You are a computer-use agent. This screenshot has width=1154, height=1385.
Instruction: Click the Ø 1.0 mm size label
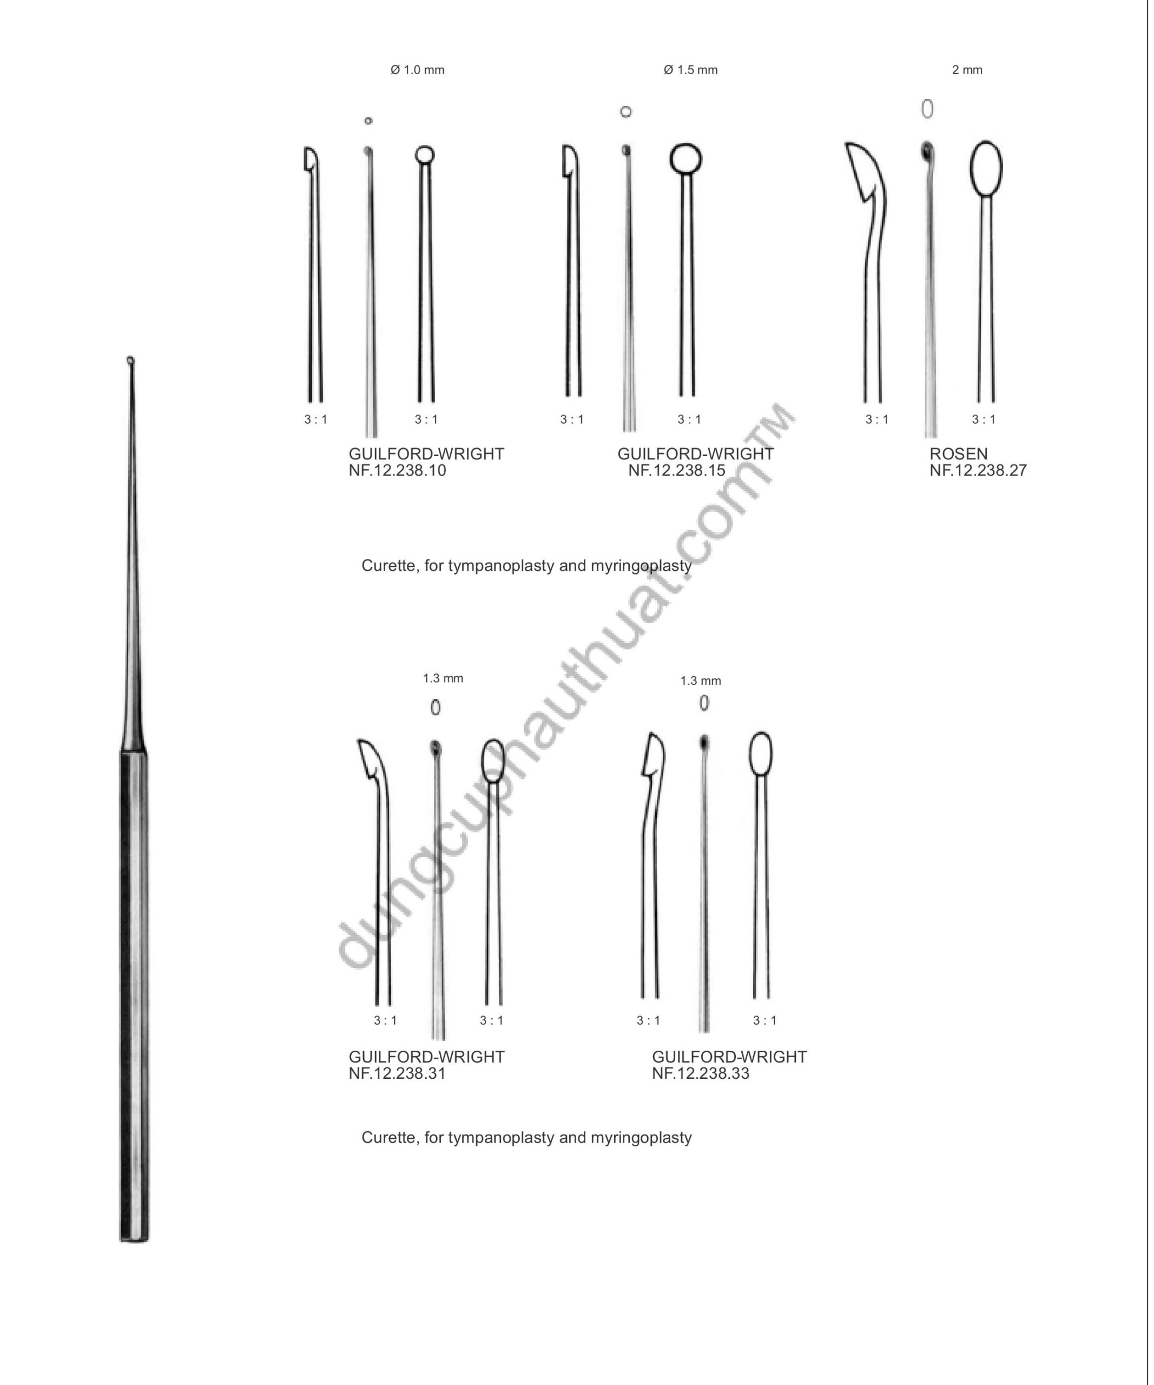pyautogui.click(x=418, y=70)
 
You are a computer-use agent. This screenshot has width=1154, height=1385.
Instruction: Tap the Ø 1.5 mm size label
pyautogui.click(x=690, y=70)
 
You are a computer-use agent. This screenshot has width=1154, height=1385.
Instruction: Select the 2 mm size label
pyautogui.click(x=967, y=70)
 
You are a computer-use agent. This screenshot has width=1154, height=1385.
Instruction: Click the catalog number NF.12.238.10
pyautogui.click(x=397, y=470)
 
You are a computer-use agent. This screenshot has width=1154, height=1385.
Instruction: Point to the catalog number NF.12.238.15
pyautogui.click(x=677, y=470)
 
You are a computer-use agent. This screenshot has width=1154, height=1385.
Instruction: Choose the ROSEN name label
pyautogui.click(x=959, y=454)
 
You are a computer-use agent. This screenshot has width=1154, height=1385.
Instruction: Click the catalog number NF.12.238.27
pyautogui.click(x=979, y=470)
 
